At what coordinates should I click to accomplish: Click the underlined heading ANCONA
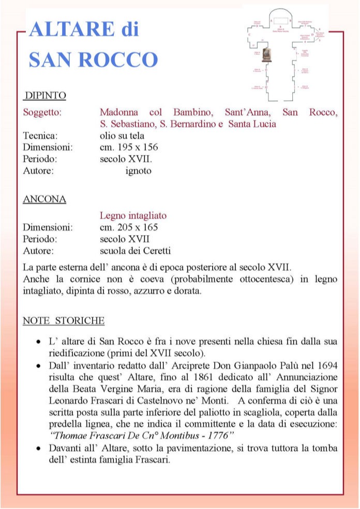[44, 199]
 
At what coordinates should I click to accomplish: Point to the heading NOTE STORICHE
[64, 321]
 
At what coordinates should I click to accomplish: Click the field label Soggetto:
[42, 112]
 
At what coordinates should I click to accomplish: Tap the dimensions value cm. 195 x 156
[128, 147]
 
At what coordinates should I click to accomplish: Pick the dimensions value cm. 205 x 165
[129, 227]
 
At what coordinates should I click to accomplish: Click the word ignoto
[139, 171]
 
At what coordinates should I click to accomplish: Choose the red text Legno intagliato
[133, 215]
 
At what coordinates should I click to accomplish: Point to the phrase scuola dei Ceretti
[135, 251]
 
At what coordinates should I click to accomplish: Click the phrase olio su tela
[122, 135]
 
